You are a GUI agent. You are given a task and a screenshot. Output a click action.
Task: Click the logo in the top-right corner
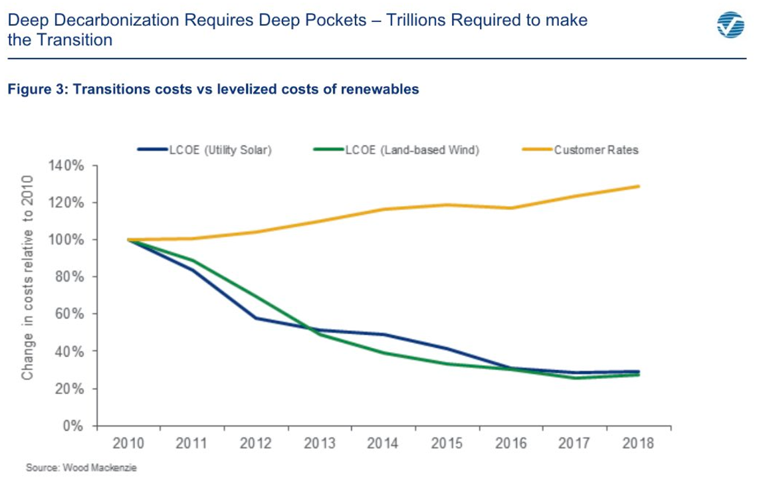pyautogui.click(x=731, y=26)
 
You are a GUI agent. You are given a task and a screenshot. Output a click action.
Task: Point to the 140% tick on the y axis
pyautogui.click(x=64, y=165)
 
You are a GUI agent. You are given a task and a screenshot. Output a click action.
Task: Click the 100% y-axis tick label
pyautogui.click(x=64, y=240)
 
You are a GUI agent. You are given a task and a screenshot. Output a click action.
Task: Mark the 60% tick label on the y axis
pyautogui.click(x=66, y=314)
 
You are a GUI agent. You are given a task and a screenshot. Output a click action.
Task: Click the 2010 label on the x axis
pyautogui.click(x=128, y=444)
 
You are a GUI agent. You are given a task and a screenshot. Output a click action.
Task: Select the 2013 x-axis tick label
pyautogui.click(x=319, y=444)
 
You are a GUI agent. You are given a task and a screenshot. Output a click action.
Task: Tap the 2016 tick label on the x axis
pyautogui.click(x=511, y=444)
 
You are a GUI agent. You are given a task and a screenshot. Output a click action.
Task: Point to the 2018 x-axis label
pyautogui.click(x=639, y=444)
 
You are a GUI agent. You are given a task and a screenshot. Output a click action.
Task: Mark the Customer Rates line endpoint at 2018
pyautogui.click(x=639, y=186)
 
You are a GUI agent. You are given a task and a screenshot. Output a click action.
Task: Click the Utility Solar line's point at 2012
pyautogui.click(x=256, y=318)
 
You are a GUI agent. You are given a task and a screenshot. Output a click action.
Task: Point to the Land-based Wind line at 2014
pyautogui.click(x=383, y=353)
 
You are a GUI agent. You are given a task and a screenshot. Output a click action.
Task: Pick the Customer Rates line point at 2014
pyautogui.click(x=383, y=209)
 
